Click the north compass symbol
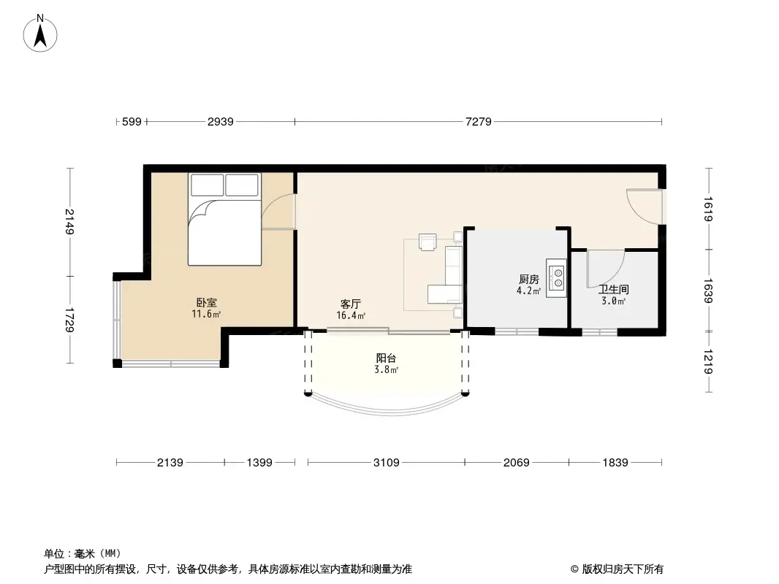coord(41,33)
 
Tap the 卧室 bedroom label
coord(206,302)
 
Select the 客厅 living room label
coord(351,304)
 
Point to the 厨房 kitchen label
coord(529,279)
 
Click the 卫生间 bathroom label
coord(613,289)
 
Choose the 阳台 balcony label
coord(387,358)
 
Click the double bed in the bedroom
coord(224,219)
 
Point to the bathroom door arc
coord(605,269)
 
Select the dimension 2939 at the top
coord(220,122)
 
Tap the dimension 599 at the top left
coord(131,122)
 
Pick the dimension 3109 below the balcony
coord(386,463)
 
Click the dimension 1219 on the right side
coord(707,360)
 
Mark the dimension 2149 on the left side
coord(69,222)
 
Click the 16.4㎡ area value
coord(351,316)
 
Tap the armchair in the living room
coord(427,242)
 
